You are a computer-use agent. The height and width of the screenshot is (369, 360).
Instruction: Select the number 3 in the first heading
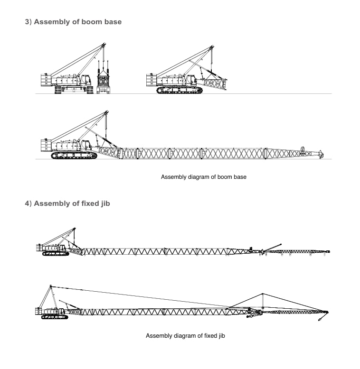27,22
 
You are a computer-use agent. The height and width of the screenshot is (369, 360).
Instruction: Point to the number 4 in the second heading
27,203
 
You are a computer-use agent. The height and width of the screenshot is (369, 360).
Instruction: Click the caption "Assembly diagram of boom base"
203,177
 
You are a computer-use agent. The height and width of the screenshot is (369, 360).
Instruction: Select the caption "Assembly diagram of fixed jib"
185,336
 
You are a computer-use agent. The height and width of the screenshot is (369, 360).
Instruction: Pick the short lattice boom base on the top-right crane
214,83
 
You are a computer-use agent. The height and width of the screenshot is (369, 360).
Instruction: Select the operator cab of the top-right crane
191,80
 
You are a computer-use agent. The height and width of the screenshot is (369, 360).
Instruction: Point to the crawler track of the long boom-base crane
74,156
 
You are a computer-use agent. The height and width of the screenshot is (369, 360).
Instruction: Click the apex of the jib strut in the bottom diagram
262,294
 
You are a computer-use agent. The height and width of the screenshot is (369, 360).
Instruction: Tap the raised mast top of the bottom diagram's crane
51,286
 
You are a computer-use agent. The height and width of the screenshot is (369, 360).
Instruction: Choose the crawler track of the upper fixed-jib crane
56,254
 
